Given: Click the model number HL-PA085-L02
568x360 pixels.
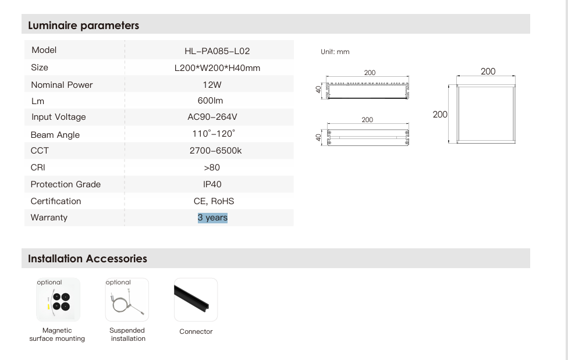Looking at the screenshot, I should coord(217,51).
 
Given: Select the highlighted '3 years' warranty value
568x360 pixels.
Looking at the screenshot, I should coord(212,218).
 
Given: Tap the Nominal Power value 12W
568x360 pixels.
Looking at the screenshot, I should coord(212,84).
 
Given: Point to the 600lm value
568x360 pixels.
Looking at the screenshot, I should coord(210,101).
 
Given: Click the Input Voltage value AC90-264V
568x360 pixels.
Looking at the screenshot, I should coord(212,117).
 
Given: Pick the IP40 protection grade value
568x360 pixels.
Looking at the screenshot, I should coord(212,184).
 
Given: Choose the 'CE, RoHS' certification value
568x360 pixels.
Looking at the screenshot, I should coord(214,201).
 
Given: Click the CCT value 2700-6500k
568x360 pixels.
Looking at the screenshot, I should coord(215,151).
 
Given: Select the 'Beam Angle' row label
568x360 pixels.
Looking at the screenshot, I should coord(55,135).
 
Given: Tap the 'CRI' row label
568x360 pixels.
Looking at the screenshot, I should coord(38,167).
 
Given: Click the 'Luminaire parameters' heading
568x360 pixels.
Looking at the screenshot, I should coord(84,26).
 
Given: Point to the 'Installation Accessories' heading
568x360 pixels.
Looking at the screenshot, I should coord(87,259).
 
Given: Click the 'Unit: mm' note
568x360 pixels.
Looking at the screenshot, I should coord(335,52).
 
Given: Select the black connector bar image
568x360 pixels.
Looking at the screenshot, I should coord(196,299).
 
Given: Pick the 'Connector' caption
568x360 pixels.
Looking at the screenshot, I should coord(196,332).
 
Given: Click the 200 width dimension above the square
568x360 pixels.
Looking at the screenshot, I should coord(488,71).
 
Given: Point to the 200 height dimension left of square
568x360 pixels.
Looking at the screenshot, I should coord(440,115).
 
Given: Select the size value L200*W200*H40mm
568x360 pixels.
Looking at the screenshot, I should coord(217,68).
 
